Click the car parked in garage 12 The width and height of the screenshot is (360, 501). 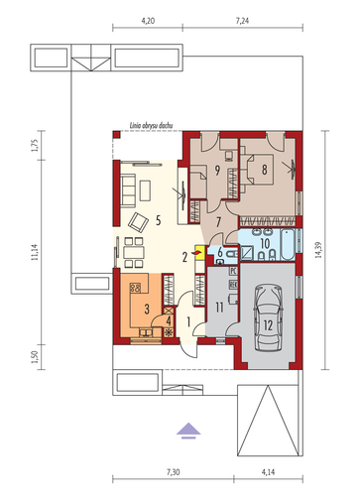(268, 318)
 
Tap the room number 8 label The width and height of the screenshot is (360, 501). (265, 170)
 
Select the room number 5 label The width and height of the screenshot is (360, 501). (159, 220)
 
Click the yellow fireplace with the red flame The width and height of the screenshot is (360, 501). (199, 253)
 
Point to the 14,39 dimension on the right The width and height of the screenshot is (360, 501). (319, 250)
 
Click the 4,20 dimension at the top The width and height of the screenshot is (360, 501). (148, 21)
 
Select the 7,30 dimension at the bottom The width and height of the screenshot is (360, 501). (174, 472)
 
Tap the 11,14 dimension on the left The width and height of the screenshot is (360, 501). (35, 252)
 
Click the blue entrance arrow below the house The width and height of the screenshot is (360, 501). (188, 431)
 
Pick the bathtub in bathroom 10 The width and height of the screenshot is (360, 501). (288, 244)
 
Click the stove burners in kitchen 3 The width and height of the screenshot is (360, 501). (135, 288)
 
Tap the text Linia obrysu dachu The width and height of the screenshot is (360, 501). (151, 126)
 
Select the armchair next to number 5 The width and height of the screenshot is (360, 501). (138, 222)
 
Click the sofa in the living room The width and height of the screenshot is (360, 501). (128, 190)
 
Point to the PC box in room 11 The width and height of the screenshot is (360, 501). (233, 271)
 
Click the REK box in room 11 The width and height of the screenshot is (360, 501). (233, 284)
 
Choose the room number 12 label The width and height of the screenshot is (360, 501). (268, 325)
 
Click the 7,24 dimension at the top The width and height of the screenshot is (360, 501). (242, 21)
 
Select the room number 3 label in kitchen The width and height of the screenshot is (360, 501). (147, 310)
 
